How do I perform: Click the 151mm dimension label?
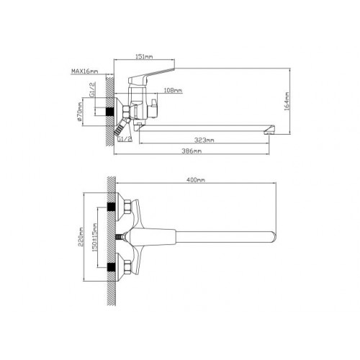[144, 57]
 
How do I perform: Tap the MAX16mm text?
[85, 71]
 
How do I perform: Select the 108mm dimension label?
[173, 91]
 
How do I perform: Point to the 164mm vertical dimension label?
[287, 101]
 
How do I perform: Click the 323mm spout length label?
[204, 140]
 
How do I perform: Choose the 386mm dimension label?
[192, 151]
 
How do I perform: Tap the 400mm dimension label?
[196, 180]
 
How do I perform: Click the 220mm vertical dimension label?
[81, 237]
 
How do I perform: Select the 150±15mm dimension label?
[95, 238]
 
